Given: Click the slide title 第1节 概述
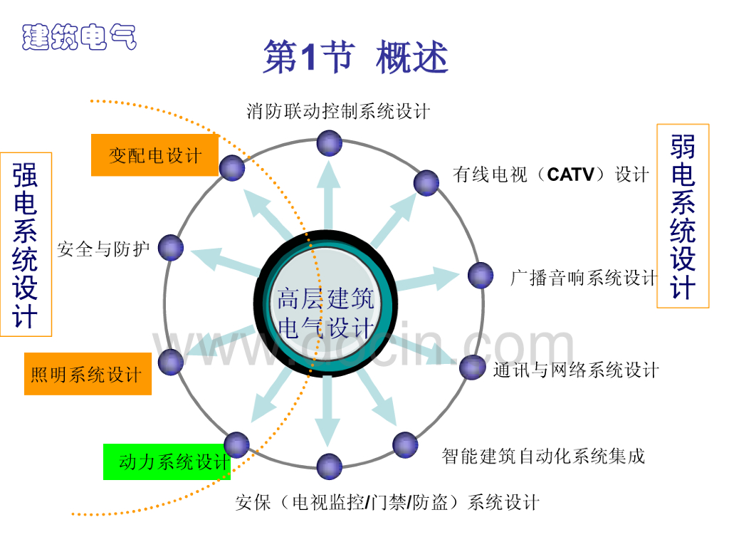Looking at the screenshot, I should click(x=355, y=58).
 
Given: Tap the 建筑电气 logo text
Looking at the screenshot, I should click(x=79, y=36).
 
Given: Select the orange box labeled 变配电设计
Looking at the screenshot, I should click(x=154, y=155).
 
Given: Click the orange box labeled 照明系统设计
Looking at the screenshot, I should click(x=88, y=373).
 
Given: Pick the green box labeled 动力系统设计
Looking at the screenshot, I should click(x=167, y=462).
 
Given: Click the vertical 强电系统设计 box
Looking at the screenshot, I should click(x=26, y=244).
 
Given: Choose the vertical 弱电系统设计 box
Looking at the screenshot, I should click(x=683, y=217).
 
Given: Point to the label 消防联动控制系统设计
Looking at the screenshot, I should click(x=338, y=111).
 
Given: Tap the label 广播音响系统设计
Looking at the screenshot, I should click(x=584, y=278).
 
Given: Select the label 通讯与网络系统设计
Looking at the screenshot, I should click(x=576, y=370).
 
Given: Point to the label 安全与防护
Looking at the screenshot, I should click(x=103, y=249).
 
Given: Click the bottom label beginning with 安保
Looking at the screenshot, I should click(x=387, y=502).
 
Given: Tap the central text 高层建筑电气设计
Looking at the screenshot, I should click(x=326, y=313).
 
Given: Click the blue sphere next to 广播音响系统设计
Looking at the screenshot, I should click(x=481, y=276).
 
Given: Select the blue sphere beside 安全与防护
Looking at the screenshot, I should click(x=171, y=247).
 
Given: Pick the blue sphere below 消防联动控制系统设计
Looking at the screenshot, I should click(x=329, y=143).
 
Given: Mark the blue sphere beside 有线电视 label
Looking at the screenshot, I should click(x=426, y=182).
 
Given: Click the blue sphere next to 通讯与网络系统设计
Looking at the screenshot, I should click(x=472, y=367).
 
